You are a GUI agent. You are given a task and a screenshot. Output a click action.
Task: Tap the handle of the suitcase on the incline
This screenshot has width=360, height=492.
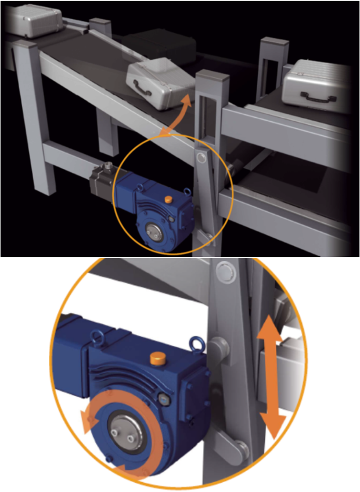(x=142, y=89)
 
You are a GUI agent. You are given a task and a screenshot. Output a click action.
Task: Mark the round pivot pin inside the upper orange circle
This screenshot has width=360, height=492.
(x=201, y=157)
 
